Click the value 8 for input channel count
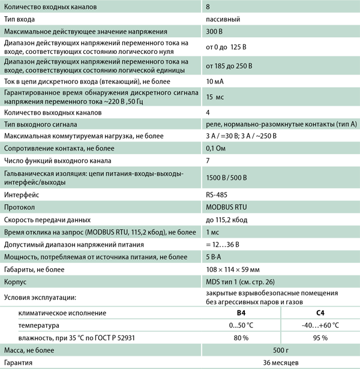pyautogui.click(x=208, y=7)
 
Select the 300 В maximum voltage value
pyautogui.click(x=215, y=31)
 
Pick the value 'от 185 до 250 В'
pyautogui.click(x=229, y=65)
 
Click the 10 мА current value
pyautogui.click(x=215, y=80)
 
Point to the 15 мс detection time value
pyautogui.click(x=215, y=97)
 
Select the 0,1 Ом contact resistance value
pyautogui.click(x=217, y=148)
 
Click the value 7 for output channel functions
pyautogui.click(x=208, y=160)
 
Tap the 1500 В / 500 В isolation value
pyautogui.click(x=226, y=178)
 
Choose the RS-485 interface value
pyautogui.click(x=217, y=195)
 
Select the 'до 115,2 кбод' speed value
pyautogui.click(x=227, y=220)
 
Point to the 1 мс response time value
pyautogui.click(x=212, y=232)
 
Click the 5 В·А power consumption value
pyautogui.click(x=214, y=256)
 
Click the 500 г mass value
pyautogui.click(x=281, y=350)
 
